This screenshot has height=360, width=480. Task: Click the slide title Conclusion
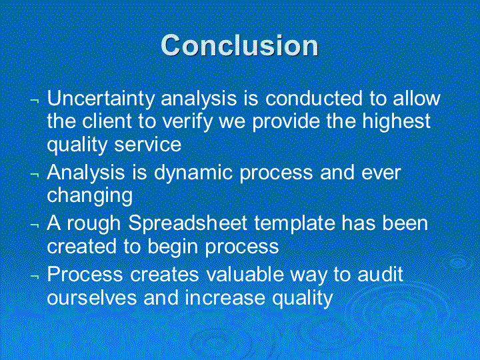pyautogui.click(x=240, y=45)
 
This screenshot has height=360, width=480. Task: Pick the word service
pyautogui.click(x=148, y=145)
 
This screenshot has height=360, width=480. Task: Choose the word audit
pyautogui.click(x=380, y=274)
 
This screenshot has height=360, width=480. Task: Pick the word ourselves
pyautogui.click(x=92, y=297)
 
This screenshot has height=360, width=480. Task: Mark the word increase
pyautogui.click(x=225, y=297)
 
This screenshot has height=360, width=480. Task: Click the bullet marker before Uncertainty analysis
pyautogui.click(x=35, y=101)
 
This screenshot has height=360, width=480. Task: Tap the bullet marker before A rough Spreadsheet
pyautogui.click(x=35, y=226)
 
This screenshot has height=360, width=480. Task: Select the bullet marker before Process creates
pyautogui.click(x=35, y=277)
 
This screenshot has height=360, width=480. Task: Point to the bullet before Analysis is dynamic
pyautogui.click(x=35, y=175)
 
